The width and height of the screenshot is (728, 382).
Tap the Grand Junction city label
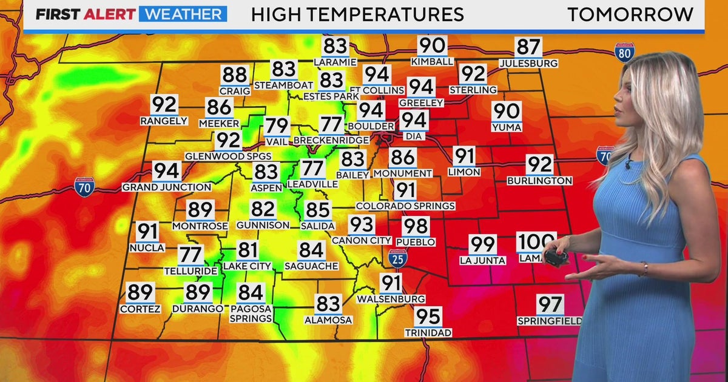tap(166, 187)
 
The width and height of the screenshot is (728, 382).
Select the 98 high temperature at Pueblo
tap(416, 227)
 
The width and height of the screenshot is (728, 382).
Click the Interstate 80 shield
tap(624, 53)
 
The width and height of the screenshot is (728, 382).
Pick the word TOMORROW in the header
tap(630, 14)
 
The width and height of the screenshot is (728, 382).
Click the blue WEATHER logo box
tap(183, 14)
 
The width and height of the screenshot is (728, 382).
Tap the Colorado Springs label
tap(405, 206)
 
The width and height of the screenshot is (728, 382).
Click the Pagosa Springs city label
tap(251, 313)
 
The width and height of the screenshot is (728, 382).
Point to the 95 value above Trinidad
tap(428, 317)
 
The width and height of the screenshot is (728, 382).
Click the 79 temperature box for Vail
tap(277, 127)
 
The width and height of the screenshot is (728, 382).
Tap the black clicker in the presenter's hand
tap(554, 257)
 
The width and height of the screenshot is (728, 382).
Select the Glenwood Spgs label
tap(228, 156)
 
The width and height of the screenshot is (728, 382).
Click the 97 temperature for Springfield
tap(550, 304)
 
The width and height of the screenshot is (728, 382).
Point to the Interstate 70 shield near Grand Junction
tap(84, 186)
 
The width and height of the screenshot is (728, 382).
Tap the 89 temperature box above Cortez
tap(140, 293)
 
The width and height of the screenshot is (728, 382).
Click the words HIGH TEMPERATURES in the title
tap(357, 14)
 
